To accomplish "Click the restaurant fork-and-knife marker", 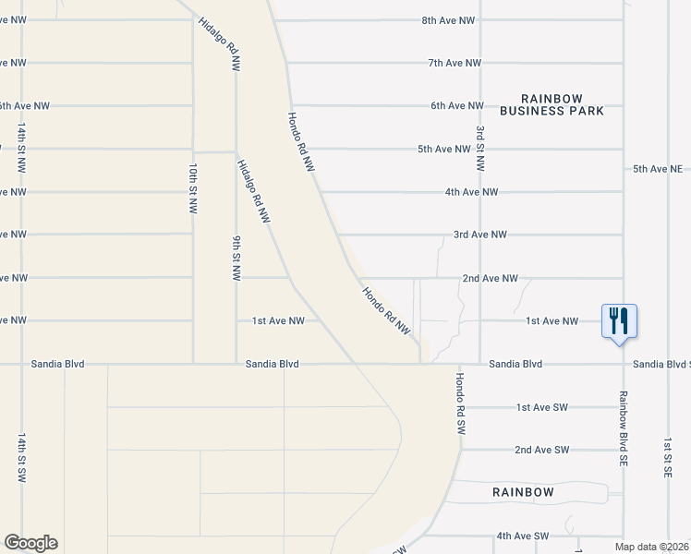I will [619, 321].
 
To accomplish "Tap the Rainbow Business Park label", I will [552, 104].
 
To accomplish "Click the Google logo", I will [30, 543].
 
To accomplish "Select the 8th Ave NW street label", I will [448, 19].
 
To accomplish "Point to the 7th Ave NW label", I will [455, 63].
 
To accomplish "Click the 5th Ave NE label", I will [658, 169].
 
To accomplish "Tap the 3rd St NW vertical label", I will [480, 149].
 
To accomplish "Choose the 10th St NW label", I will [193, 189].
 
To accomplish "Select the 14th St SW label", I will [21, 456].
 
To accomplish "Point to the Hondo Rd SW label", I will [459, 403].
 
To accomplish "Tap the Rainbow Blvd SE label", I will [624, 426].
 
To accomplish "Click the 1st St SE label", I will [667, 458].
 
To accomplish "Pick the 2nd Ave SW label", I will [541, 450].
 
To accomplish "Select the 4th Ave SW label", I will [522, 536].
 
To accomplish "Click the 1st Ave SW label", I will [541, 407].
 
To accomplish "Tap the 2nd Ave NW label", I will [491, 278].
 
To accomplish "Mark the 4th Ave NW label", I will [471, 192].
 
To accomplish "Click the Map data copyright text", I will [652, 547].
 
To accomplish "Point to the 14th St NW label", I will [21, 147].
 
